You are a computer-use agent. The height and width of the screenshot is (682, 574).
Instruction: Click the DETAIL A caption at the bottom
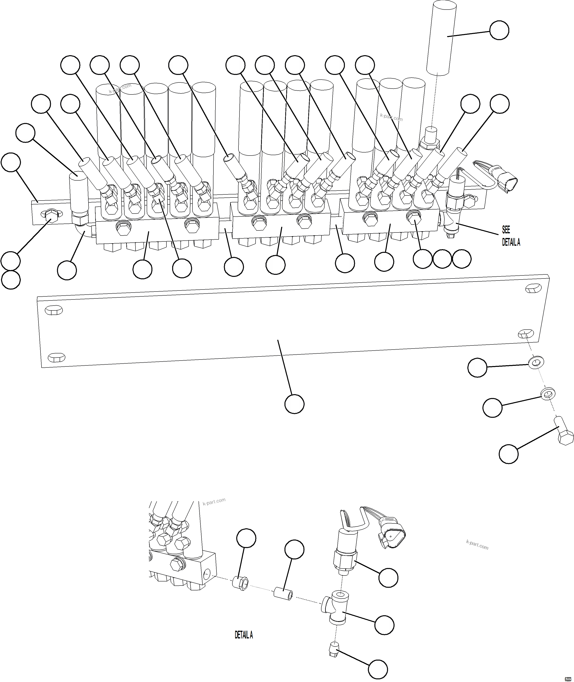coord(244,635)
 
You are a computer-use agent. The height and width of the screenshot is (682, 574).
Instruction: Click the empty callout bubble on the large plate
coord(294,404)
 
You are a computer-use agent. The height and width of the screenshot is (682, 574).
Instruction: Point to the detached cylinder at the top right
coord(438,37)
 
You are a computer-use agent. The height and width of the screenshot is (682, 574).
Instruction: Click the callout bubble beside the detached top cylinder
coord(499,31)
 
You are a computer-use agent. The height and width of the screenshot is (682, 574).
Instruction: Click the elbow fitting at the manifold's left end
coord(83,229)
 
